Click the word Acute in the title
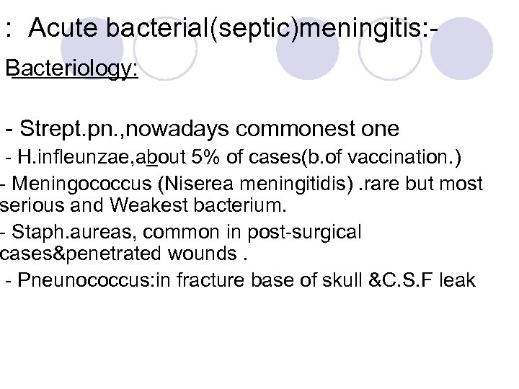(x=66, y=30)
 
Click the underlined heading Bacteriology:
(x=72, y=73)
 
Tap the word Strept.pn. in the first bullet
(x=67, y=130)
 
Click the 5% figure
(x=204, y=158)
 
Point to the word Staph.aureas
(x=62, y=233)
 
